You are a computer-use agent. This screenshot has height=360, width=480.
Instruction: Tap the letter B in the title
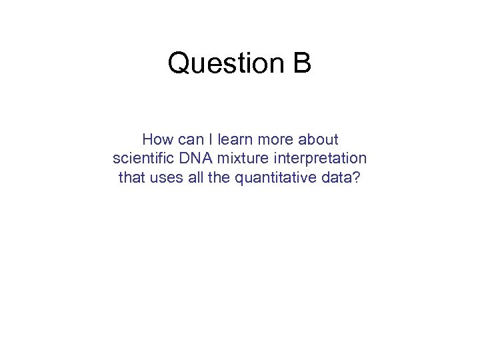pyautogui.click(x=302, y=63)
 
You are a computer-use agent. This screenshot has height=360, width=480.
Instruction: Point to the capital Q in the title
pyautogui.click(x=179, y=64)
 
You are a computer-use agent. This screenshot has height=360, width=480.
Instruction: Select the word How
pyautogui.click(x=157, y=140)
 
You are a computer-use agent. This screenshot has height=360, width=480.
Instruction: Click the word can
pyautogui.click(x=189, y=140)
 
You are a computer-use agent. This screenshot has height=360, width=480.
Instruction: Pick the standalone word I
pyautogui.click(x=210, y=140)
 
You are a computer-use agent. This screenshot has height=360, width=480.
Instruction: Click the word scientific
pyautogui.click(x=143, y=159)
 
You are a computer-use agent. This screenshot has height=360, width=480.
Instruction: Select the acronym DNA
pyautogui.click(x=193, y=159)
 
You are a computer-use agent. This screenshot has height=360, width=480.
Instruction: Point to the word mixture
pyautogui.click(x=237, y=159)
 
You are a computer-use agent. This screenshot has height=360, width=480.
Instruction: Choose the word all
pyautogui.click(x=192, y=178)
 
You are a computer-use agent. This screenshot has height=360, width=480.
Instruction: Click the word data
pyautogui.click(x=335, y=178)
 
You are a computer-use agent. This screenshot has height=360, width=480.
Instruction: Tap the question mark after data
pyautogui.click(x=354, y=178)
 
